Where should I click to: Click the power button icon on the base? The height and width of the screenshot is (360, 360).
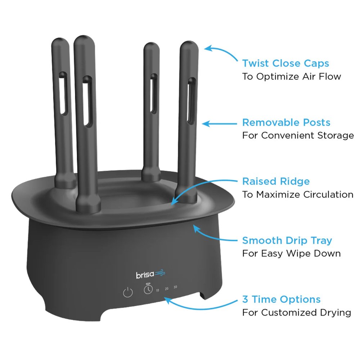pos(128,292)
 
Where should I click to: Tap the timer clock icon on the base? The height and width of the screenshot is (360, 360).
pos(148,289)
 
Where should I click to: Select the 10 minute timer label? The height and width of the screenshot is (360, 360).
pos(158,291)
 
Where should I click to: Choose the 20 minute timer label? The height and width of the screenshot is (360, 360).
pos(167,289)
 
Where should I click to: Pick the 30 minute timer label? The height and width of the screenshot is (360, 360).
pos(175,287)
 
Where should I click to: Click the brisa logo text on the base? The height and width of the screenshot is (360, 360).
pos(145,275)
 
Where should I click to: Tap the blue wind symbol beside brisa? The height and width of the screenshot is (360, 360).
pos(160,273)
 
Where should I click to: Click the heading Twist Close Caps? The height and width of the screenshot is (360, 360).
pos(285,63)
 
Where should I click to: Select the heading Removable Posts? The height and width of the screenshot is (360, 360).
pos(286,122)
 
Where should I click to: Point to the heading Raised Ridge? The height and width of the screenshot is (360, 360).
pos(276,181)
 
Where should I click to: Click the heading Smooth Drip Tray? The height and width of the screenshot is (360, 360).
pos(287,240)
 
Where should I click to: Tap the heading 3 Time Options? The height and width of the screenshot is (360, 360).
pos(282,300)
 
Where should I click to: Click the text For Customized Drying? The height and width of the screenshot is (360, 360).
pos(297,313)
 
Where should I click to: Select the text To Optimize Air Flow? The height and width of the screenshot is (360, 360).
pos(292,76)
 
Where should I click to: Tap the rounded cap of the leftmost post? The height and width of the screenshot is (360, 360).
pos(60,44)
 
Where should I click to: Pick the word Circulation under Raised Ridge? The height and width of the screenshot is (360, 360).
pos(328,194)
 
